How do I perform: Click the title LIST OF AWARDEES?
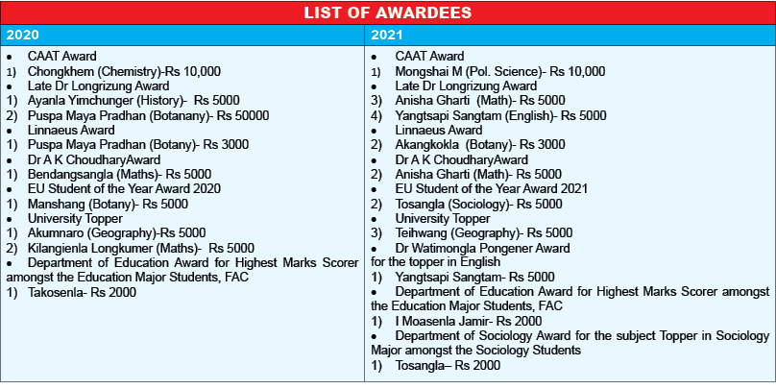click(387, 12)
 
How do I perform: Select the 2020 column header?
click(24, 36)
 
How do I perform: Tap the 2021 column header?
click(388, 36)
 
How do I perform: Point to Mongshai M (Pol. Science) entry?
click(499, 71)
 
